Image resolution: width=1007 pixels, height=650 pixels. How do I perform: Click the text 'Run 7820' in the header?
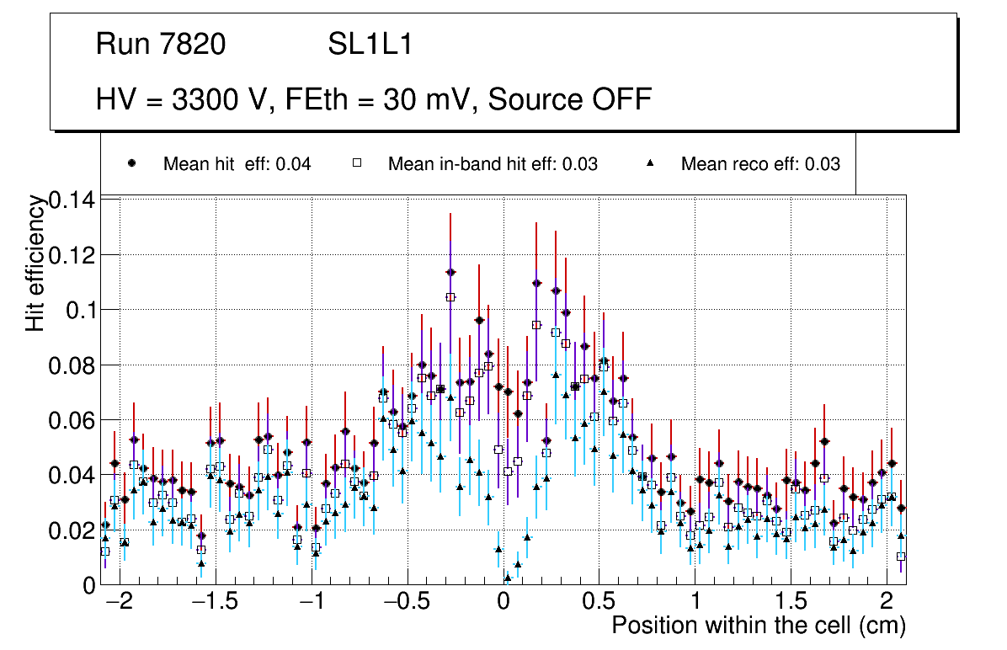161,44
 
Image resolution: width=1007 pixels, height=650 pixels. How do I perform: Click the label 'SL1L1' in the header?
370,44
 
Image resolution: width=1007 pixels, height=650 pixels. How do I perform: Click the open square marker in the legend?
356,164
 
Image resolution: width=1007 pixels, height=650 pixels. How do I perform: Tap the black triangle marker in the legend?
651,164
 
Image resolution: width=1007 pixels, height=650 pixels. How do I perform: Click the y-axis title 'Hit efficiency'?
35,263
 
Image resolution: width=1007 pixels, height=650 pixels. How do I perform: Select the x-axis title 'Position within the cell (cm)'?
759,626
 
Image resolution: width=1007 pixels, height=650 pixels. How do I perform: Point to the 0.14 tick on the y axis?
73,200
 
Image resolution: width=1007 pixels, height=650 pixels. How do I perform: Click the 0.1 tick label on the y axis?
81,310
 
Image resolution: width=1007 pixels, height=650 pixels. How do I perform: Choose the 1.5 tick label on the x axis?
791,603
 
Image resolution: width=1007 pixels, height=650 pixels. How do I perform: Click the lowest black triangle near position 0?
508,578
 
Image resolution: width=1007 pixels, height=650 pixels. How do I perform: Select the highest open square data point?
450,297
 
